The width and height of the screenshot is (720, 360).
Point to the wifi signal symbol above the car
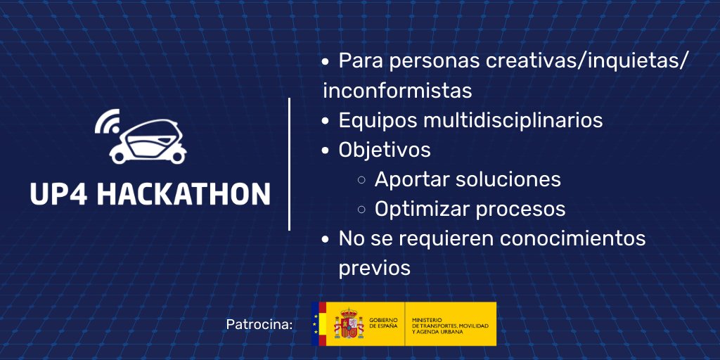107,123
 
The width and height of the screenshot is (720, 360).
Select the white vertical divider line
290,164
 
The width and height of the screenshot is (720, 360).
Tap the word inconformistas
397,91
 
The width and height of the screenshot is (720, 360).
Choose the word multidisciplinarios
513,120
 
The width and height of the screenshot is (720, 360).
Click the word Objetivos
385,150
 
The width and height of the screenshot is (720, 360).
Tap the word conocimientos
572,238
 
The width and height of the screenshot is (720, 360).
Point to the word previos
374,268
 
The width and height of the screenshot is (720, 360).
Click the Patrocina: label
259,325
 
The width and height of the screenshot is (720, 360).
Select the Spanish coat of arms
348,325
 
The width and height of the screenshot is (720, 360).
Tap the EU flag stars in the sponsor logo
315,324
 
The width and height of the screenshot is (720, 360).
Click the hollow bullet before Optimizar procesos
361,210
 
